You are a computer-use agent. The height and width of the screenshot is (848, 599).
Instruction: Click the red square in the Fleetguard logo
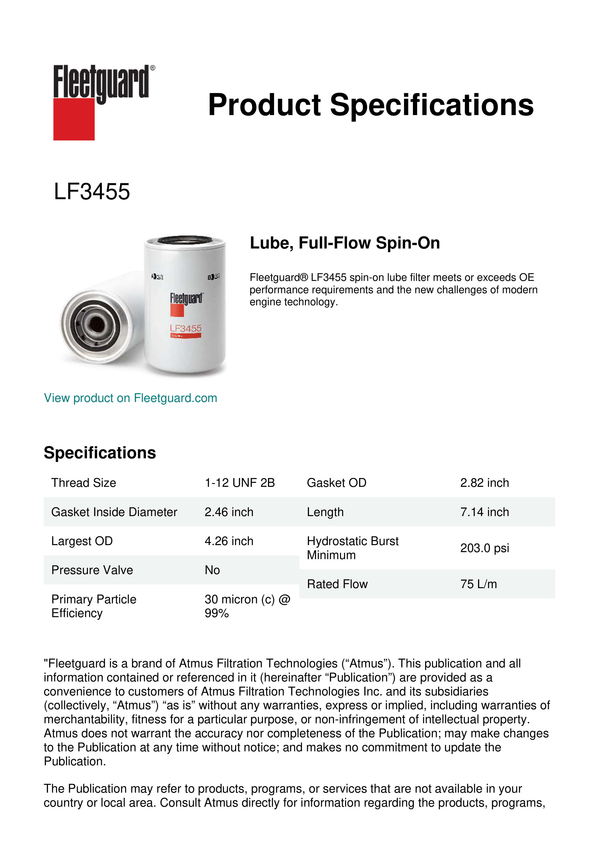[74, 119]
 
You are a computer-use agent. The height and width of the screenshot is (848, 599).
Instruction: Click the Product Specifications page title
[371, 105]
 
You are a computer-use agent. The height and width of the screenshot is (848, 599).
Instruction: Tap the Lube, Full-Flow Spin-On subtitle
[345, 243]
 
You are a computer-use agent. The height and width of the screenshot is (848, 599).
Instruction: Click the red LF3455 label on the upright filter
[185, 328]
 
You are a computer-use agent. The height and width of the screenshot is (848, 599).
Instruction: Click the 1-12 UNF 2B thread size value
[240, 483]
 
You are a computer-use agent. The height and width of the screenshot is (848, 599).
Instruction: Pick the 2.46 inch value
[229, 512]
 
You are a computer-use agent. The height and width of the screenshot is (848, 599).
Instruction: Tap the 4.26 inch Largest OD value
[229, 541]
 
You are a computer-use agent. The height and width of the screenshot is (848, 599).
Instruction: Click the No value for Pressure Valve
[212, 570]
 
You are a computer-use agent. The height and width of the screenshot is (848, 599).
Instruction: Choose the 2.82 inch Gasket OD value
[485, 483]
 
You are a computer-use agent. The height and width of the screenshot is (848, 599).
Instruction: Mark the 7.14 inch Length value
[485, 512]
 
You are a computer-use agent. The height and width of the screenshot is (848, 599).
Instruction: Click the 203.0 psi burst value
[485, 548]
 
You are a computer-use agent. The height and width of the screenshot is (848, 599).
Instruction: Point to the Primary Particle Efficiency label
[94, 606]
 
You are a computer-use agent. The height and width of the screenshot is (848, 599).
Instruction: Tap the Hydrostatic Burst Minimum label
[352, 548]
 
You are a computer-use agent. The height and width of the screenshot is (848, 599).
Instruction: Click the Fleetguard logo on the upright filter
[186, 299]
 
